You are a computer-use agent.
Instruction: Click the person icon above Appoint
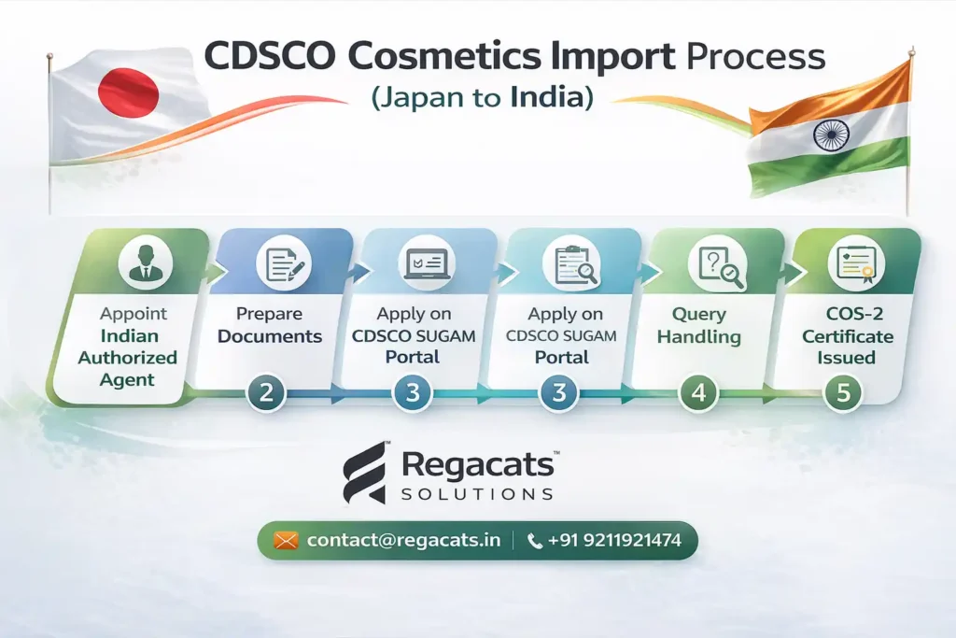click(145, 260)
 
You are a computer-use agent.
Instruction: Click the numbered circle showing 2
click(266, 392)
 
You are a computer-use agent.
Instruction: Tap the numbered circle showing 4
click(697, 392)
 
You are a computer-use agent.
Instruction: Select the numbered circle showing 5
click(843, 392)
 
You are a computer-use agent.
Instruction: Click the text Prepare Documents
click(270, 325)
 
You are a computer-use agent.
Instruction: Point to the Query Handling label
click(698, 325)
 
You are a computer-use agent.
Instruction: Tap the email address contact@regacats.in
click(403, 541)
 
